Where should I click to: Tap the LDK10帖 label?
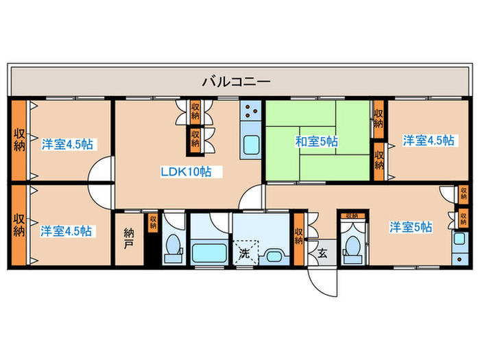(x=186, y=172)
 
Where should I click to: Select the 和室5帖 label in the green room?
(x=317, y=142)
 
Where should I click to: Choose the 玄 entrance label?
(x=322, y=252)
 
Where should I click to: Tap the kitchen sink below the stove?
(x=250, y=145)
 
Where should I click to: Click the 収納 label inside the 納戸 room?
(x=152, y=224)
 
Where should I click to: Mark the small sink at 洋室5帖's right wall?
(x=457, y=240)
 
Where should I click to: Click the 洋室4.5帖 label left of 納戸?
(x=66, y=231)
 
